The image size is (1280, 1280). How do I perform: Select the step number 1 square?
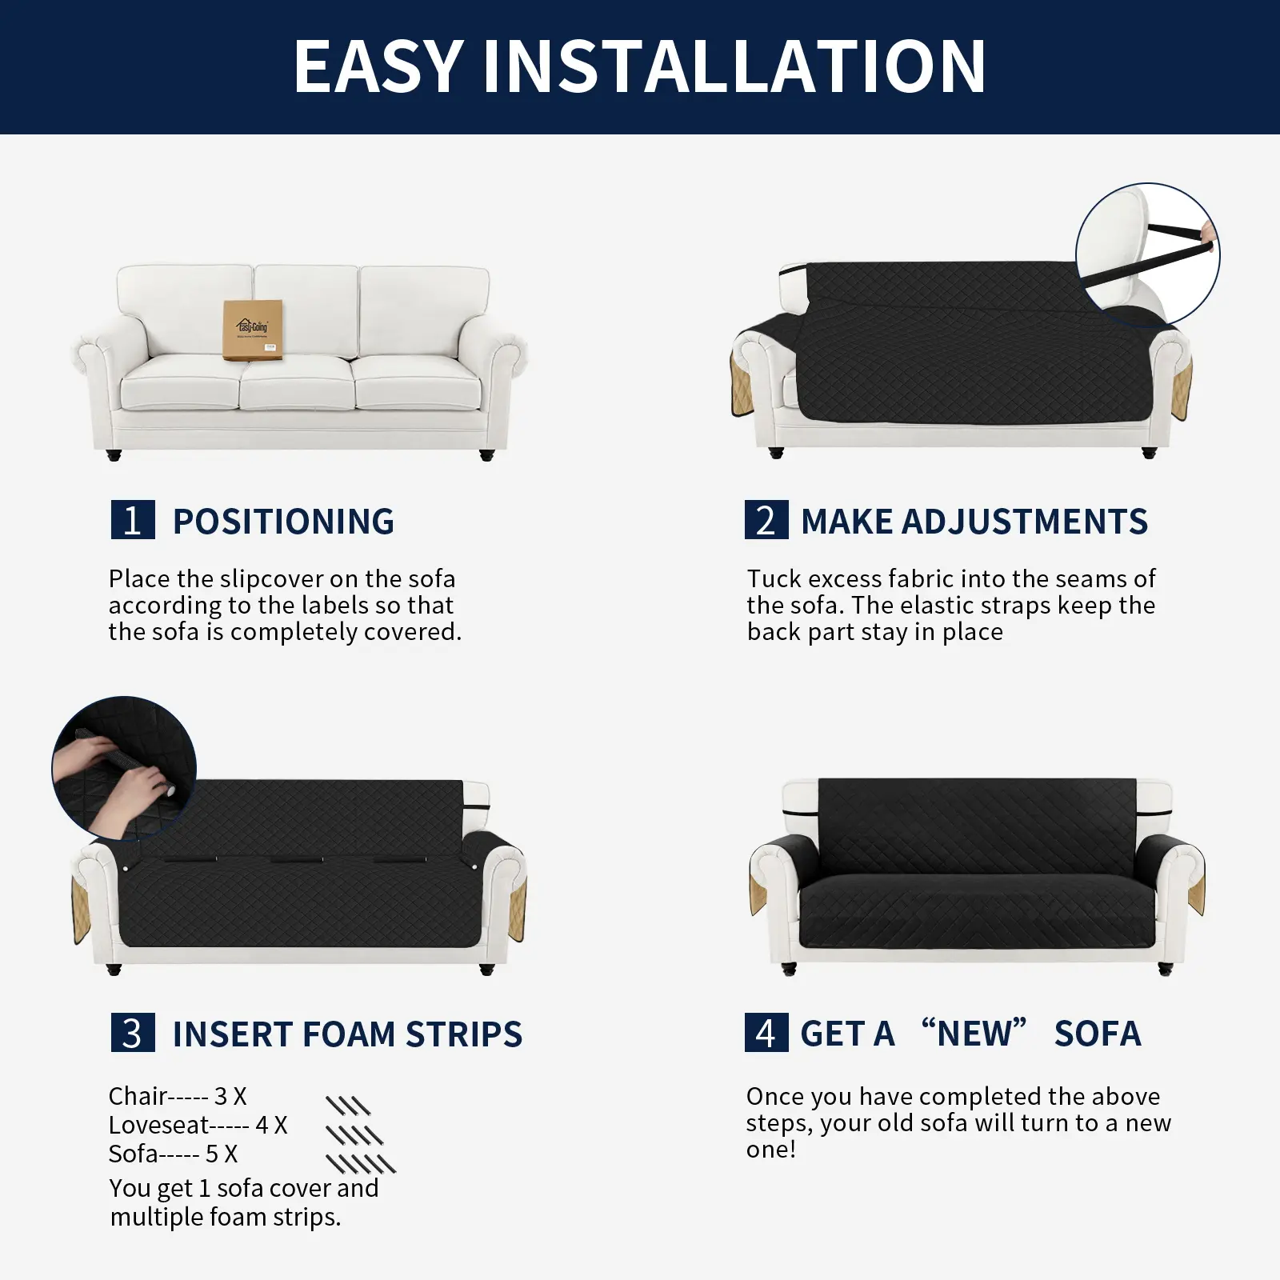(x=133, y=520)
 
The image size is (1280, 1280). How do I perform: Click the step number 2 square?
(x=766, y=520)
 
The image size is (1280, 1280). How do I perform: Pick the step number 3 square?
(x=133, y=1033)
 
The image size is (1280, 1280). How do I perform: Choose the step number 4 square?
(x=766, y=1033)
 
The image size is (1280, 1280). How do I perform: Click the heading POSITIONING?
(x=284, y=522)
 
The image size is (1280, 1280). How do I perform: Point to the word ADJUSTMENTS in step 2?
(x=1025, y=522)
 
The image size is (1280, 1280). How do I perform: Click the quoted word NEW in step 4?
(x=974, y=1033)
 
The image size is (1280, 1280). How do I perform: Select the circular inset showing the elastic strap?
(x=1148, y=255)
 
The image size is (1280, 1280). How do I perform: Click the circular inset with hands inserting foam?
(x=124, y=768)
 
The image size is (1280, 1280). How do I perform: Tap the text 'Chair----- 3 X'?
(x=178, y=1096)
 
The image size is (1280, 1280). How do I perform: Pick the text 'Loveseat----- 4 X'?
(x=198, y=1125)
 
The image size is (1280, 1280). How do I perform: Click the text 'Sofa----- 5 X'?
(x=174, y=1154)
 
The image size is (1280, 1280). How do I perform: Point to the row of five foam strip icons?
(x=361, y=1163)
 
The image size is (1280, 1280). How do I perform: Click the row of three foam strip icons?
(x=348, y=1106)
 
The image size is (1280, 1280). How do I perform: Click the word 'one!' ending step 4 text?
(x=771, y=1150)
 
